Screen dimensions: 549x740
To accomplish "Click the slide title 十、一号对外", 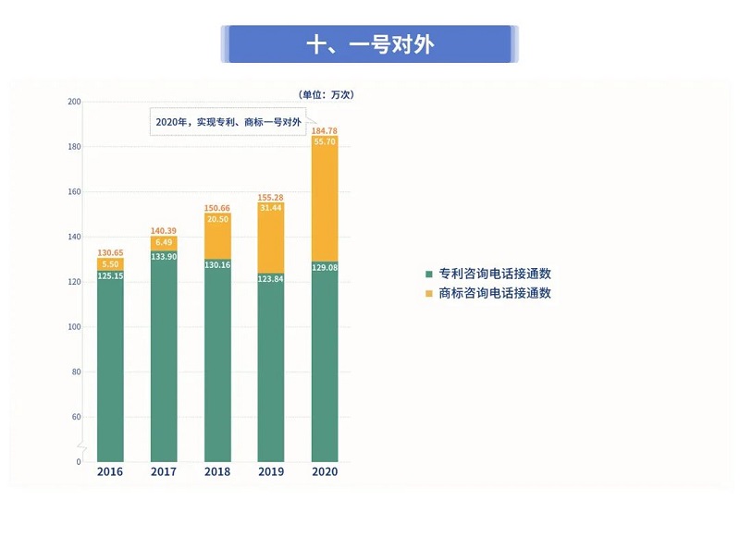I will (x=369, y=44).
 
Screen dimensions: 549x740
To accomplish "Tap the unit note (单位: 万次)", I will (x=327, y=94).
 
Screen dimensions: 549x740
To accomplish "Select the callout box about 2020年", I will (x=229, y=121).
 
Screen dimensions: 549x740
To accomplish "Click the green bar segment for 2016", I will (x=110, y=370).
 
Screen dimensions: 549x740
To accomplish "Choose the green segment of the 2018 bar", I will (x=217, y=360).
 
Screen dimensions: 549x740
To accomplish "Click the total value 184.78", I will (x=325, y=130).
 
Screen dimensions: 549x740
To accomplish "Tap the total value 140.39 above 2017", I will (x=164, y=230).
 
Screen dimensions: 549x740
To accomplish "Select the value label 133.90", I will (x=164, y=257).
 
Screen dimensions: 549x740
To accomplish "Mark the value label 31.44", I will (x=271, y=208).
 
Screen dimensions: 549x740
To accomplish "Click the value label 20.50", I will (x=217, y=219).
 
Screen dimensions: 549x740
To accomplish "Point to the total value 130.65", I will (x=110, y=252).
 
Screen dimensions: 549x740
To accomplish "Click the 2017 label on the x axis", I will (x=164, y=472).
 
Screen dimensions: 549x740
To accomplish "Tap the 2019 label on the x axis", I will (x=271, y=472).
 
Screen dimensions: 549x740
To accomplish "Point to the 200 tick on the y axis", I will (x=75, y=102).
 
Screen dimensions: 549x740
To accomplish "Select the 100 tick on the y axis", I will (x=75, y=327).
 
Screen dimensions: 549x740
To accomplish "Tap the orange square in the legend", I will (x=428, y=293).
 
